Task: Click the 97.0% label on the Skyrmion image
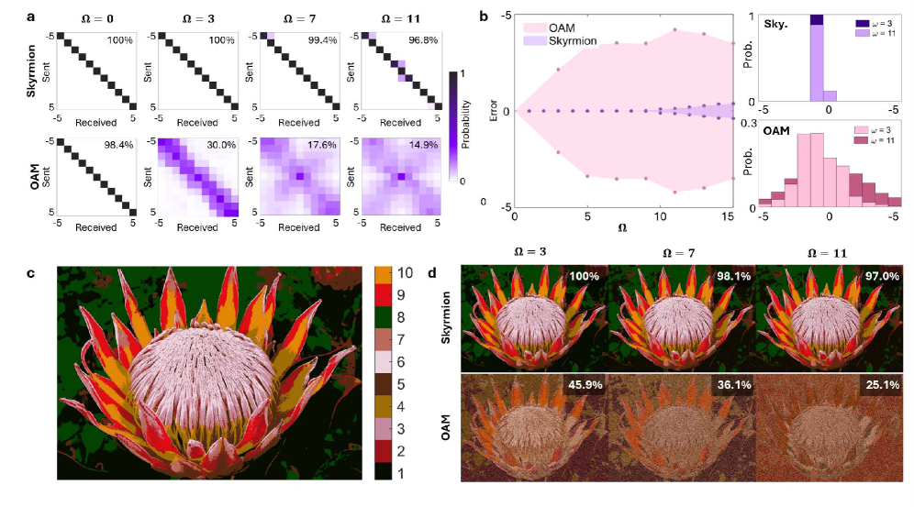(x=875, y=277)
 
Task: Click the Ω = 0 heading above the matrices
(x=84, y=16)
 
